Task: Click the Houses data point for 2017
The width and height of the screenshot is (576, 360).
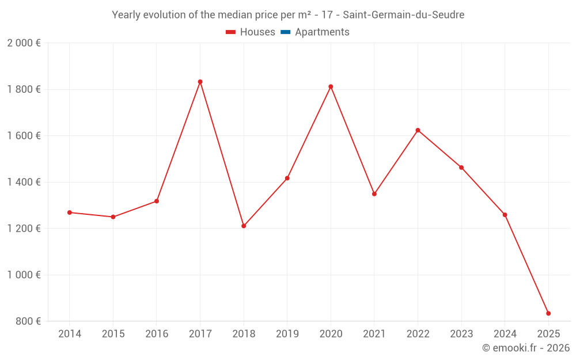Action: click(200, 82)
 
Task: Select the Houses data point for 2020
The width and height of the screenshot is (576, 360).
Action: click(331, 86)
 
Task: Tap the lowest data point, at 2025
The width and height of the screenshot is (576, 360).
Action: click(548, 313)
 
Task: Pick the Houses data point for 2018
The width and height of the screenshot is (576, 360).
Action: click(244, 226)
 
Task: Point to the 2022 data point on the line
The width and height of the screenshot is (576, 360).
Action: click(418, 130)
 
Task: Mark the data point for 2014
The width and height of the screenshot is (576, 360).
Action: click(70, 213)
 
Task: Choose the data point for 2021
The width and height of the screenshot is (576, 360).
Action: click(374, 194)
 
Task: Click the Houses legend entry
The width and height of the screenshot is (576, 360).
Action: click(251, 32)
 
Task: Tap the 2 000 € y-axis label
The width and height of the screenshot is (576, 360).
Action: click(24, 43)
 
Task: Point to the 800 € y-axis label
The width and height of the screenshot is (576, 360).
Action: click(27, 321)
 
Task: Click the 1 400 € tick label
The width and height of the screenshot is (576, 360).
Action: click(24, 182)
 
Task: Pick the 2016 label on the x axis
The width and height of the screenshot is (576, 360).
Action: click(157, 334)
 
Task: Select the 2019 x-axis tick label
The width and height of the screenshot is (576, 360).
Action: click(287, 334)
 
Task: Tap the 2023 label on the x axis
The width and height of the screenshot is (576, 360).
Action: click(461, 334)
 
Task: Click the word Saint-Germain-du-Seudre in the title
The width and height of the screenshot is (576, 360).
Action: click(403, 15)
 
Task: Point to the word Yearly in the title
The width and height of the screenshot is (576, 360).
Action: click(125, 15)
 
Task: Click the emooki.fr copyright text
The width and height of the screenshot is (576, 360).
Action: click(526, 348)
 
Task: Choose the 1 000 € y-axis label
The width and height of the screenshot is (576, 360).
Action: click(24, 275)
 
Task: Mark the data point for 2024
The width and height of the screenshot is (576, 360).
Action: click(505, 215)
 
